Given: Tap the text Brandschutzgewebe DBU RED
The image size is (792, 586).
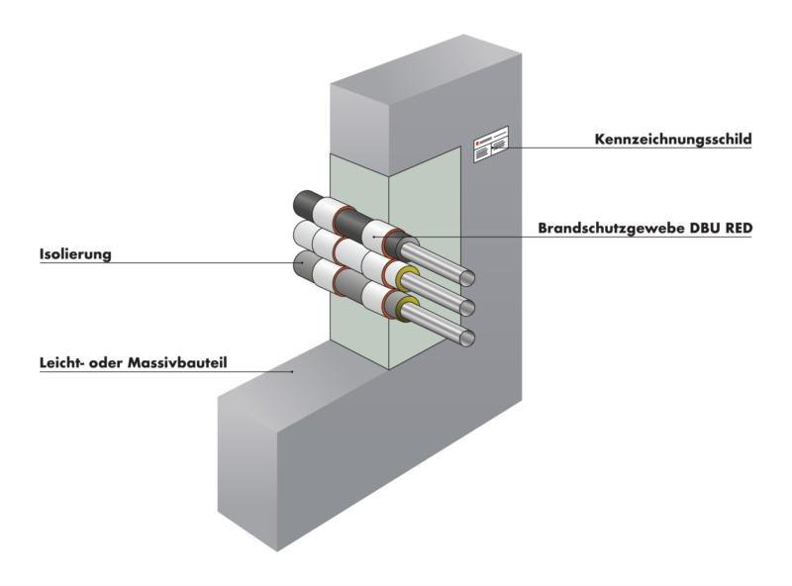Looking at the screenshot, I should tap(645, 228).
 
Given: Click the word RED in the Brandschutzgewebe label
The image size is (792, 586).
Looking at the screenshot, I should tap(737, 228).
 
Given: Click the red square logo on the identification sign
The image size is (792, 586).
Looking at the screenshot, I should tap(476, 145).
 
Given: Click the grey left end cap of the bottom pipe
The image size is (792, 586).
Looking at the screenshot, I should tap(301, 264).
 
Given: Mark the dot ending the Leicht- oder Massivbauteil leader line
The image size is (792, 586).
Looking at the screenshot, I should tap(293, 371).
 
